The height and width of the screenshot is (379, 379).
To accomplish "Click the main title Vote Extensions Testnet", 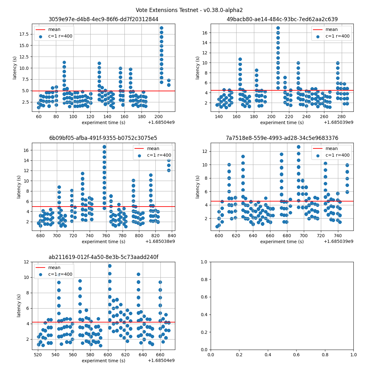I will pos(189,10).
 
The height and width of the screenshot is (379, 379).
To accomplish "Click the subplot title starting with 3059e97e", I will pos(103,19).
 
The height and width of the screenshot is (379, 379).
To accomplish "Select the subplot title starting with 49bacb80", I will pos(282,19).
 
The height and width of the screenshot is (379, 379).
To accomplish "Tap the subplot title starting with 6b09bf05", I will pos(103,138).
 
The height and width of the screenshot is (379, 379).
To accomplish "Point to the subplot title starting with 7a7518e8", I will pos(282,138).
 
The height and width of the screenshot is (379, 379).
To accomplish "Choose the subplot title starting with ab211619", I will pos(103,257).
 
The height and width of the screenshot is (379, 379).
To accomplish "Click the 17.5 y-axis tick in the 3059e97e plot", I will pos(24,34).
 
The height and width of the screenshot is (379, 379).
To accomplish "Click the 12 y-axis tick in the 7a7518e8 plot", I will pos(205,151).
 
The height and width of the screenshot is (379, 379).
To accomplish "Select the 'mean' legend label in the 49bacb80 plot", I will pos(332,30).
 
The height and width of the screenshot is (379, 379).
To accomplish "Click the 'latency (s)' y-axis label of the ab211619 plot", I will pos(19,306).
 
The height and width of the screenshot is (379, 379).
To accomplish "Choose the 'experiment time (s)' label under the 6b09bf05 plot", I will pos(103,242).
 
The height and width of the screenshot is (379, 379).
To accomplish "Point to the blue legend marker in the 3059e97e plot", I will pos(40,36).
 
